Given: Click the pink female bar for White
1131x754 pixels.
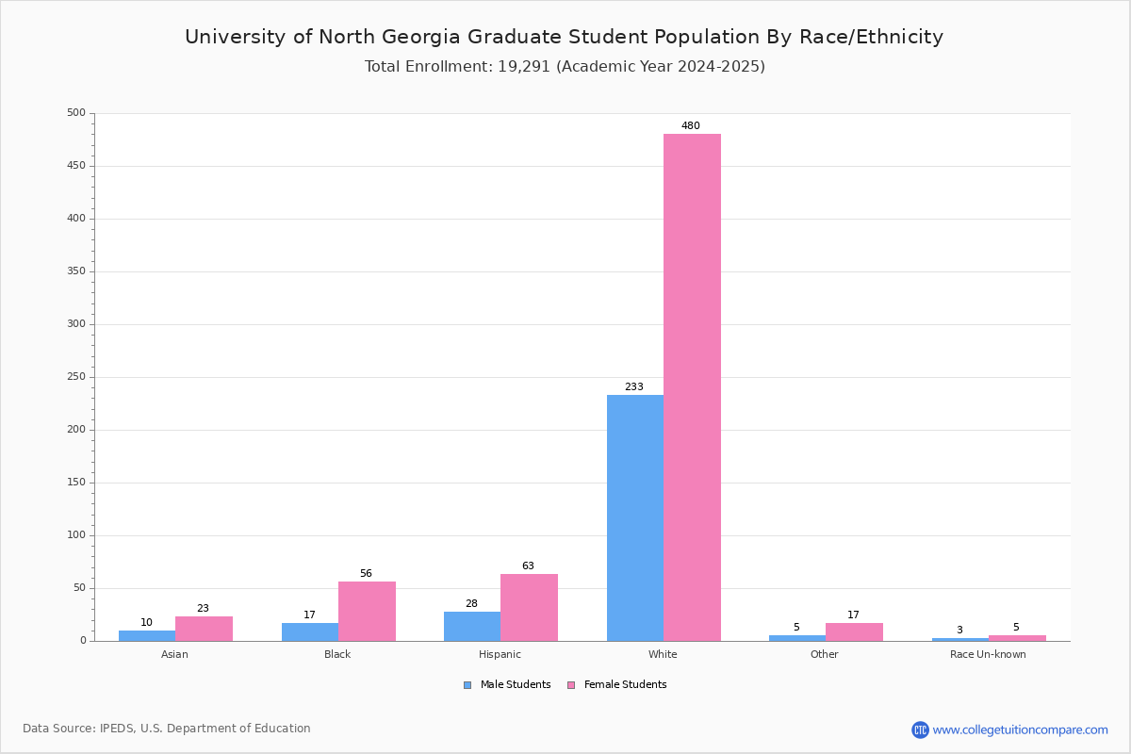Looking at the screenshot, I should pyautogui.click(x=692, y=386).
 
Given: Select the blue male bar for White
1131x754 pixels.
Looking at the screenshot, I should pyautogui.click(x=635, y=517).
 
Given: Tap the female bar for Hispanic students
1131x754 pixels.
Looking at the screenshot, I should pyautogui.click(x=529, y=607).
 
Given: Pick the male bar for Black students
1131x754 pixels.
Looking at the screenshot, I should pyautogui.click(x=310, y=631).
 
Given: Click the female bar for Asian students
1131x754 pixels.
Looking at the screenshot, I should pyautogui.click(x=204, y=629).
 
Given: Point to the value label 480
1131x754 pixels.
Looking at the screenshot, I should pyautogui.click(x=691, y=126).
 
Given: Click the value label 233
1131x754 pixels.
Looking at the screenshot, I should pyautogui.click(x=634, y=387).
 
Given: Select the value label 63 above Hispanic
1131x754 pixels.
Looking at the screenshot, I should pyautogui.click(x=528, y=566).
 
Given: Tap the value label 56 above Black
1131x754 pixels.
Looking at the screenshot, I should pyautogui.click(x=366, y=574).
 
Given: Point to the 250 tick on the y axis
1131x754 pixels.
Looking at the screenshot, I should pyautogui.click(x=75, y=377).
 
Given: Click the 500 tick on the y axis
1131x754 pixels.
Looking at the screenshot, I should pyautogui.click(x=75, y=113).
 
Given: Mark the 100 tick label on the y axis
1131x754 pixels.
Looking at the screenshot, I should pyautogui.click(x=75, y=535).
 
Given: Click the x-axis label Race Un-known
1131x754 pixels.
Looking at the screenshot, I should pyautogui.click(x=988, y=654).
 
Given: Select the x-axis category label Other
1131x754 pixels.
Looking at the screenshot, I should pyautogui.click(x=824, y=654).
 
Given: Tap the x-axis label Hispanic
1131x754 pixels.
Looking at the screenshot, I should pyautogui.click(x=500, y=654).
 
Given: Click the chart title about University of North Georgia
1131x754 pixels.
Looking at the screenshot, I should pyautogui.click(x=564, y=37).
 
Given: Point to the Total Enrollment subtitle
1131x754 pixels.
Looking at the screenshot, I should pyautogui.click(x=565, y=67).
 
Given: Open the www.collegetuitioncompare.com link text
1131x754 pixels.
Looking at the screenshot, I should pyautogui.click(x=1020, y=729).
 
